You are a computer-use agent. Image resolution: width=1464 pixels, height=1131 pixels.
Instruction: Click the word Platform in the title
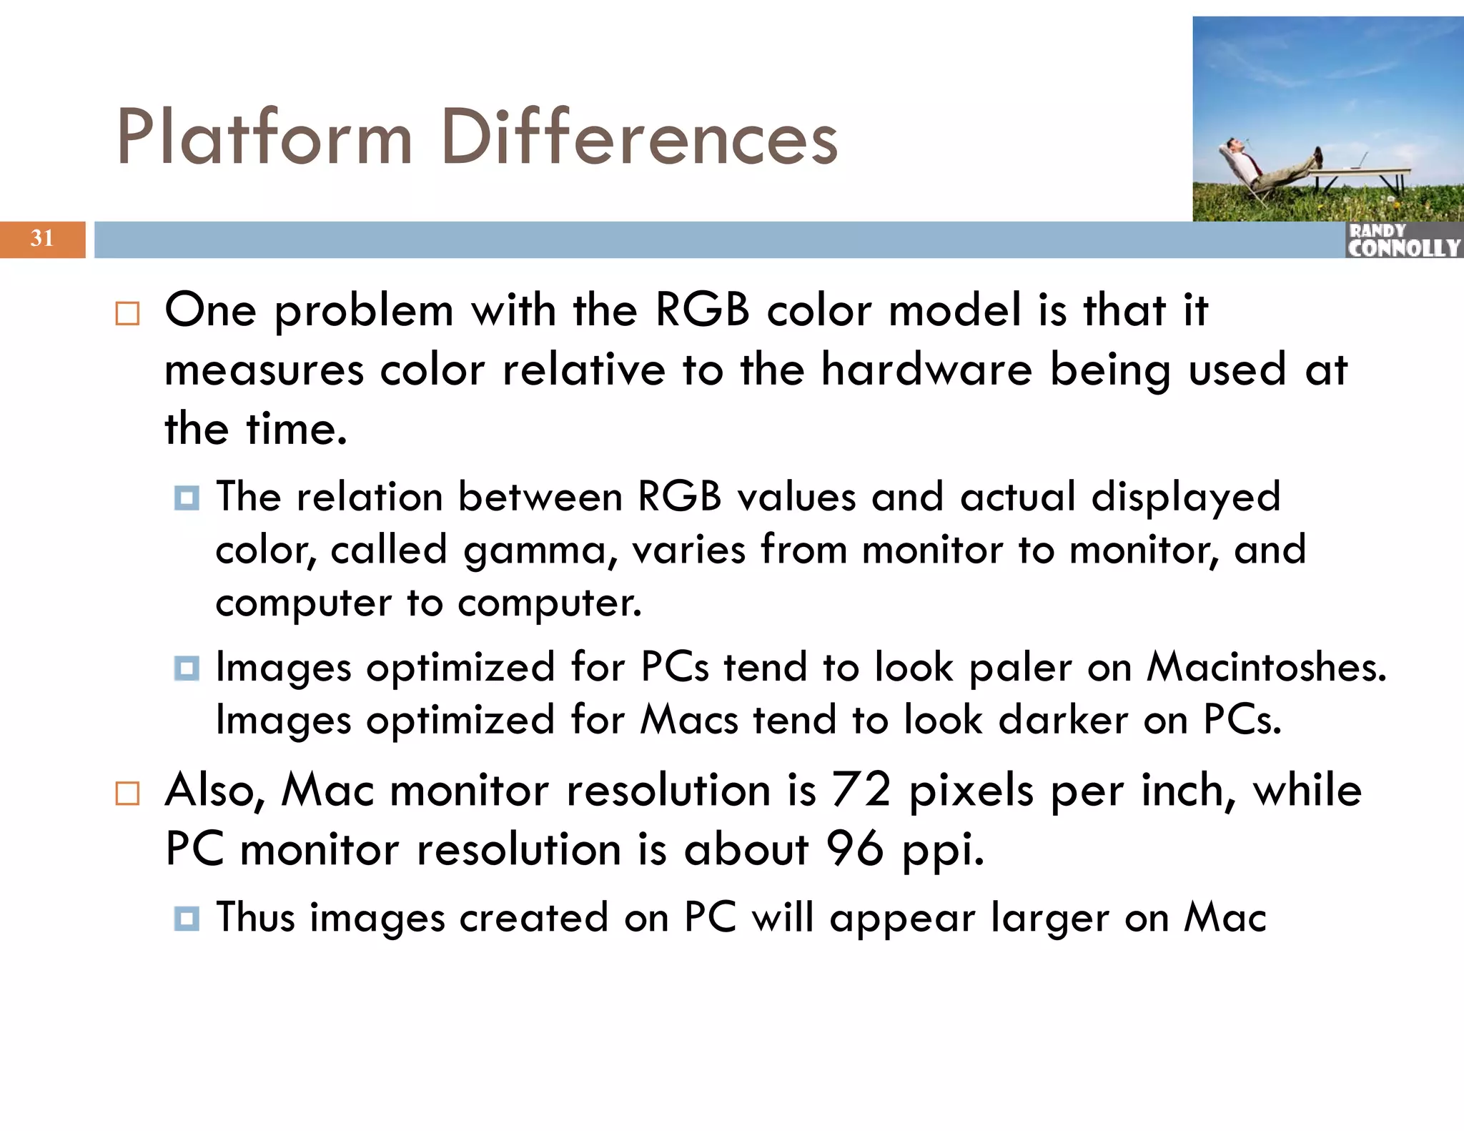point(264,137)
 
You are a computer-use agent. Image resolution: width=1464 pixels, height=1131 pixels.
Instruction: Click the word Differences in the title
point(638,137)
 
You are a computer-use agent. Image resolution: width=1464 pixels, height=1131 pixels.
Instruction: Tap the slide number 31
point(42,238)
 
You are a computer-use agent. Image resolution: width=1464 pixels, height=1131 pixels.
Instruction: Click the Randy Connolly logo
point(1403,240)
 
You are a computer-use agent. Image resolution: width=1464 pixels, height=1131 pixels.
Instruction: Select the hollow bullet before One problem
point(127,314)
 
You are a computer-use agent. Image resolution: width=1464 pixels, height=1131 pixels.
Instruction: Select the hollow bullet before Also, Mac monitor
point(127,794)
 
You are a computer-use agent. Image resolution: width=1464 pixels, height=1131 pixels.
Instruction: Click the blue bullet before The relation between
point(187,498)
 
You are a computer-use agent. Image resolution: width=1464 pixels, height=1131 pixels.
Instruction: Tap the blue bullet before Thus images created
point(187,918)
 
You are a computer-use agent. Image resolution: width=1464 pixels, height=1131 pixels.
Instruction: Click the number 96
point(854,849)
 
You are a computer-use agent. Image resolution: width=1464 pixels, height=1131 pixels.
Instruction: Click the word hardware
point(926,370)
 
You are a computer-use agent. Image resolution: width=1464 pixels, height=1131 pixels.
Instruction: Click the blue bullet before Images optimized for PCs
point(187,668)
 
